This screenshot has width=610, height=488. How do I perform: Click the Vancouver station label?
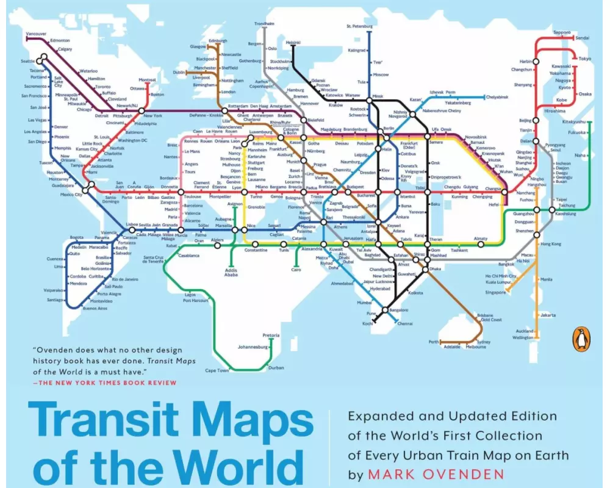(x=36, y=33)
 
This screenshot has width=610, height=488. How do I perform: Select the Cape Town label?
(x=217, y=370)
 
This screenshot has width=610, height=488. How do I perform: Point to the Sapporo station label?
(x=562, y=32)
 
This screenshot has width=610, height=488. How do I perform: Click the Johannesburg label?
(x=254, y=347)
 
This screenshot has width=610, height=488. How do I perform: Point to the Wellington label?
(x=523, y=337)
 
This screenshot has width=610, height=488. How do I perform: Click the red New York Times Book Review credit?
(x=104, y=383)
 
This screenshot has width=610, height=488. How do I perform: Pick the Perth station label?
(x=434, y=342)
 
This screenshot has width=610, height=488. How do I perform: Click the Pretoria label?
(x=271, y=335)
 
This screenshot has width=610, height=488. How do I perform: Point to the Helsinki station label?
(x=293, y=42)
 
